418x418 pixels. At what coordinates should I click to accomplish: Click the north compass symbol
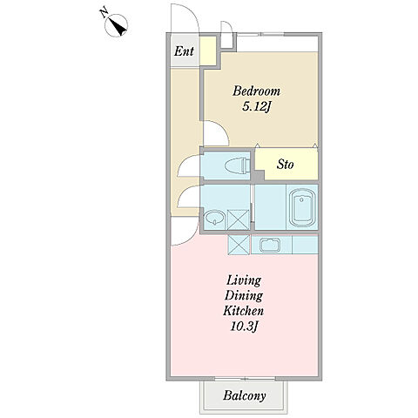(116, 25)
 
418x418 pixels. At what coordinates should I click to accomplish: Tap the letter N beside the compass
(104, 13)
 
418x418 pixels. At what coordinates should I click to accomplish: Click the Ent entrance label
(184, 51)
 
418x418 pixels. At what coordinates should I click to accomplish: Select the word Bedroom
(256, 91)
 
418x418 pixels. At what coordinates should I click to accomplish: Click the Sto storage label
(285, 165)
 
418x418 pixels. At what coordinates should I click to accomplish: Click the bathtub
(302, 207)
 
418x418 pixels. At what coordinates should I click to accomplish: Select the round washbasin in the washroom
(214, 218)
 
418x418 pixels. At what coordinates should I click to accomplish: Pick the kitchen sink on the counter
(270, 245)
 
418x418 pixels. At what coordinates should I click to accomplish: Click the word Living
(244, 280)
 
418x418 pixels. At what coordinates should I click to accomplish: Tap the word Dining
(244, 296)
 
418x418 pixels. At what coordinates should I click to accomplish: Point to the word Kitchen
(243, 311)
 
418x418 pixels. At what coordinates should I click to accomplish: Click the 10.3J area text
(244, 327)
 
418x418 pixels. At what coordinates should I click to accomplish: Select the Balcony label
(245, 395)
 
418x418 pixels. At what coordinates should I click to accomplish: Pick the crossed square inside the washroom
(238, 219)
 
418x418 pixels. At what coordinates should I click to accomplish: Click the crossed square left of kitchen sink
(239, 245)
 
